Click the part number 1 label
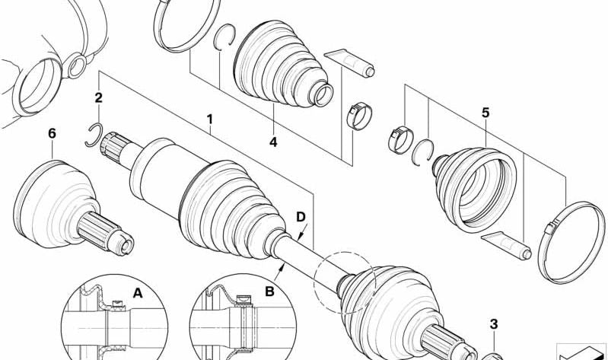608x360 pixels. click(x=209, y=119)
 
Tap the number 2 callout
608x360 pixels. click(x=98, y=98)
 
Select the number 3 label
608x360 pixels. click(x=493, y=325)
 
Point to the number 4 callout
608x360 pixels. click(x=273, y=142)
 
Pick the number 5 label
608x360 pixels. click(x=485, y=113)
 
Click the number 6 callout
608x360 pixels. click(x=52, y=133)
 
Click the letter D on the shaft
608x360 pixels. click(x=301, y=218)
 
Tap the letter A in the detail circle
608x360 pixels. click(x=137, y=292)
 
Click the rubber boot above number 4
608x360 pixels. click(x=278, y=68)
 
